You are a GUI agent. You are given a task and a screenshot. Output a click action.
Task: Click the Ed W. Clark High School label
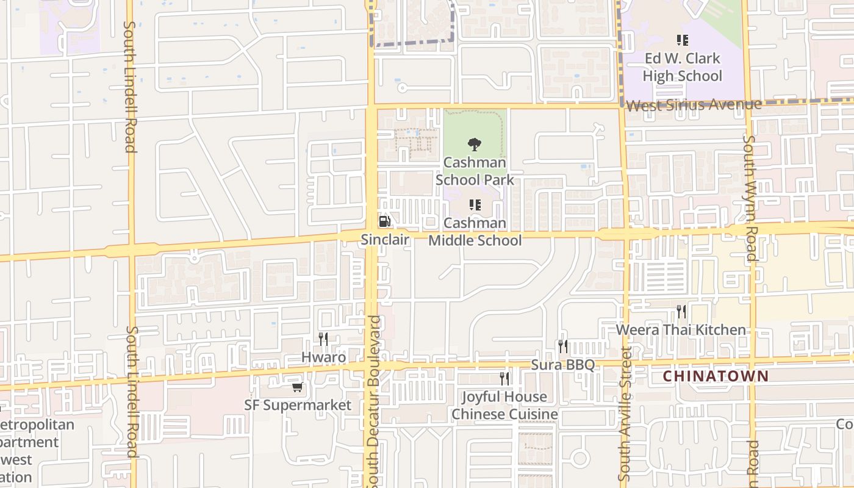(x=683, y=67)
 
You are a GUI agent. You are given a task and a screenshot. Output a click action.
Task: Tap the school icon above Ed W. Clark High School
(x=683, y=41)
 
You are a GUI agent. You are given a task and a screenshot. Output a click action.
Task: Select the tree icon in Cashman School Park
(x=474, y=145)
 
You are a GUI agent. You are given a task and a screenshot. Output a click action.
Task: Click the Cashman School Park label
(x=475, y=171)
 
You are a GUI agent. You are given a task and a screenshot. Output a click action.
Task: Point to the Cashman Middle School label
(x=475, y=232)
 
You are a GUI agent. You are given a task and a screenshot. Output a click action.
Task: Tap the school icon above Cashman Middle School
(x=475, y=205)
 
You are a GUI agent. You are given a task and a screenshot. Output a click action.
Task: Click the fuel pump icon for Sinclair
(x=384, y=221)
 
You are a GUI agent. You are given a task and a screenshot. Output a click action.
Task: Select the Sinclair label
(x=384, y=240)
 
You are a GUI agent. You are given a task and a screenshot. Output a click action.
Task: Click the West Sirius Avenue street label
(x=694, y=106)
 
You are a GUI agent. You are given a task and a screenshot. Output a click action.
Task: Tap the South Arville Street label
(x=623, y=414)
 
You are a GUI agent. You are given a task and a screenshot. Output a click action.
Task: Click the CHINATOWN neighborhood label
(x=716, y=376)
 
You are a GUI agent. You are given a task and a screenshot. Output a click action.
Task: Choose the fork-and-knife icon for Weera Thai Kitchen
(x=681, y=312)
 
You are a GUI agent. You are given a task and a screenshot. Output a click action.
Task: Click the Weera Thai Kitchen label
(x=681, y=330)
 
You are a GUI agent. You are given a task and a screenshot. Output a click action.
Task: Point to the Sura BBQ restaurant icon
(x=562, y=346)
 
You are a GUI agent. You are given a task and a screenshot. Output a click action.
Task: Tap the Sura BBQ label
(x=562, y=365)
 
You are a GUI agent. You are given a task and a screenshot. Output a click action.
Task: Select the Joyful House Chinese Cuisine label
(x=504, y=406)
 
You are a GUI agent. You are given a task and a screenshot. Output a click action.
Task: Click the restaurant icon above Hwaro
(x=323, y=339)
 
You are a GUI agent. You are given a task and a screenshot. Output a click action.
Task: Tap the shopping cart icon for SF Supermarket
(x=297, y=387)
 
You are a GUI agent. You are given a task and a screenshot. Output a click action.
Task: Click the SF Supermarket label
(x=298, y=405)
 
